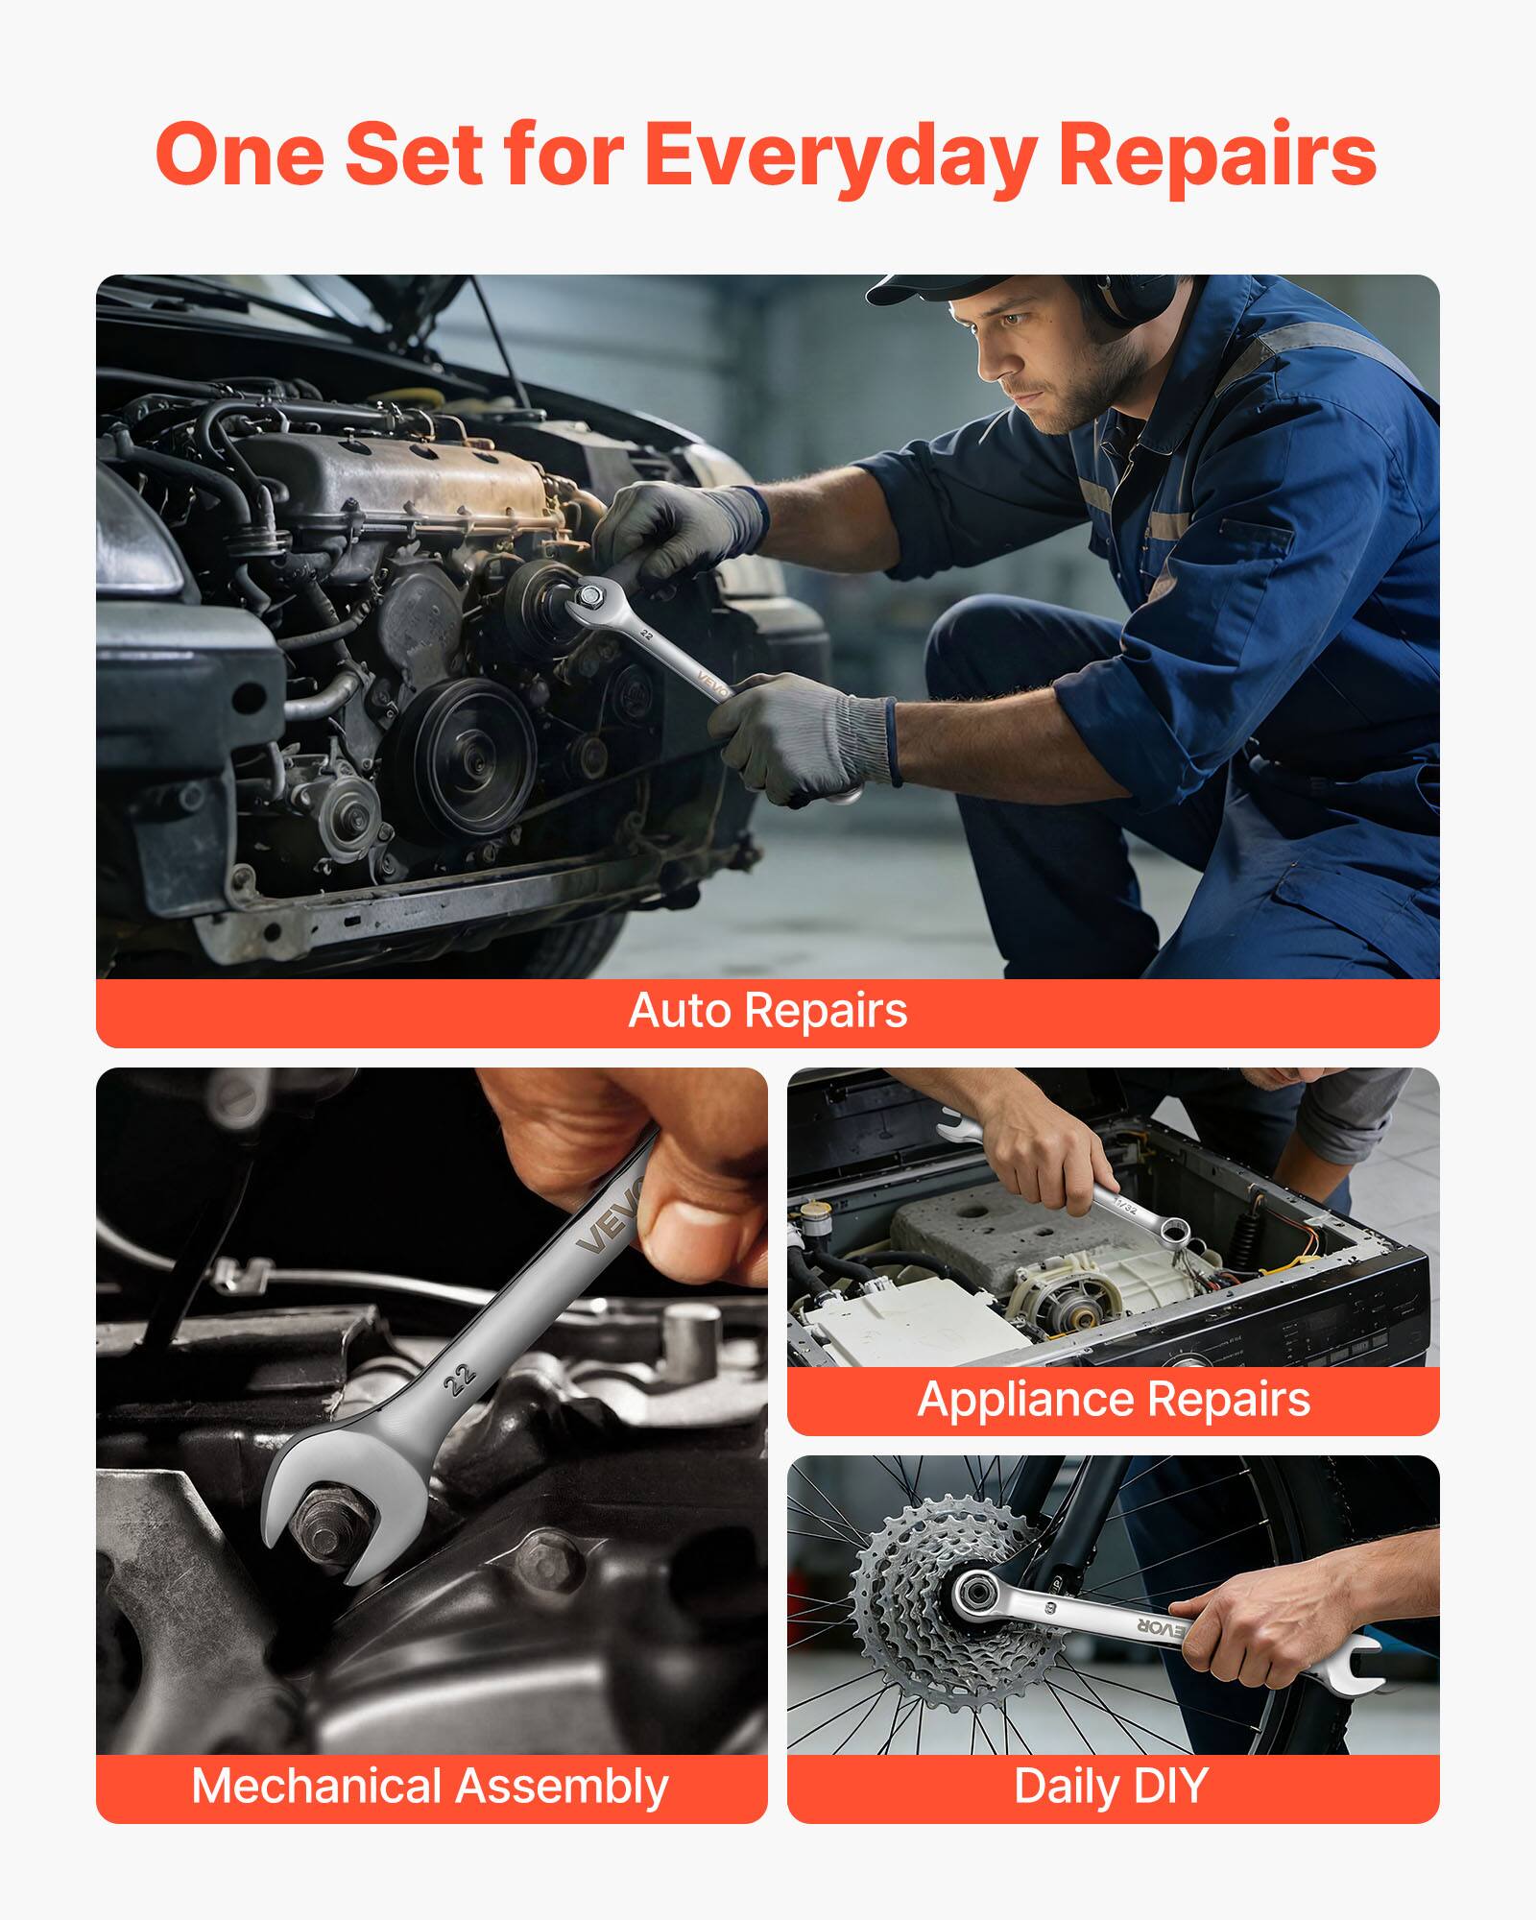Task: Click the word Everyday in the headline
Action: pyautogui.click(x=841, y=156)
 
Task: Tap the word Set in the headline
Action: pyautogui.click(x=413, y=156)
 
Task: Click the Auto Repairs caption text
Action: pyautogui.click(x=768, y=1011)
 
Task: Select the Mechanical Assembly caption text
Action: pyautogui.click(x=430, y=1787)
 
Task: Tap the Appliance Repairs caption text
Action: pyautogui.click(x=1114, y=1399)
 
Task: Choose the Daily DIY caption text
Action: pyautogui.click(x=1111, y=1787)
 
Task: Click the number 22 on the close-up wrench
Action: pyautogui.click(x=460, y=1379)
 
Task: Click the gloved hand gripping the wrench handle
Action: pyautogui.click(x=806, y=739)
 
